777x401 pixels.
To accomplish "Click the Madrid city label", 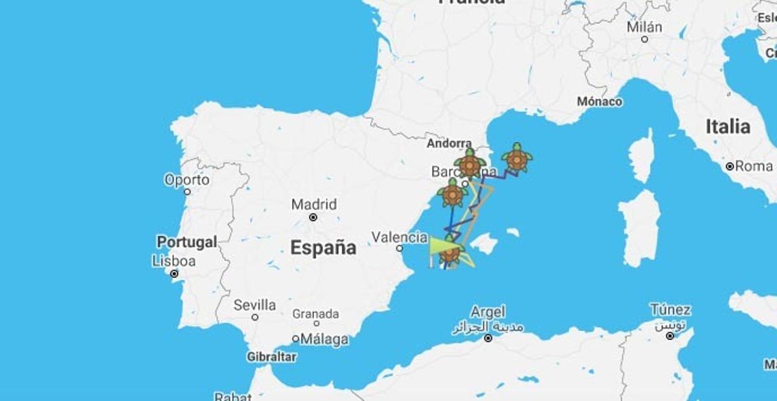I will pos(314,205).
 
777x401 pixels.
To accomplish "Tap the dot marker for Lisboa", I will pos(174,273).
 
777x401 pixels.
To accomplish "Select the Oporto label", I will pos(186,179).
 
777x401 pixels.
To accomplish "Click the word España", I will pos(323,247).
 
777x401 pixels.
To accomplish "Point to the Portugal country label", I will pos(186,242).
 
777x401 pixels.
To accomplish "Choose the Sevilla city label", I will pos(254,304).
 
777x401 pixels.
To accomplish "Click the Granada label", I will pos(315,314).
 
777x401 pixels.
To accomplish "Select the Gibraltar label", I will pos(272,356).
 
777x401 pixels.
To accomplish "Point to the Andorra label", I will pos(449,143).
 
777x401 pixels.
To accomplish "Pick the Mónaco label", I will pos(600,102).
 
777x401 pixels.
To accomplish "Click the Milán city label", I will pos(644,27).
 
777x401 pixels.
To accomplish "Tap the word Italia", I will pos(728,126).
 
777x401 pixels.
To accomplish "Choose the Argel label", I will pos(488,312).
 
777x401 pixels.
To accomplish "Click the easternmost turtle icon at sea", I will pos(517,158).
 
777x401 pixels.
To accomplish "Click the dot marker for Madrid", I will pos(313,217).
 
